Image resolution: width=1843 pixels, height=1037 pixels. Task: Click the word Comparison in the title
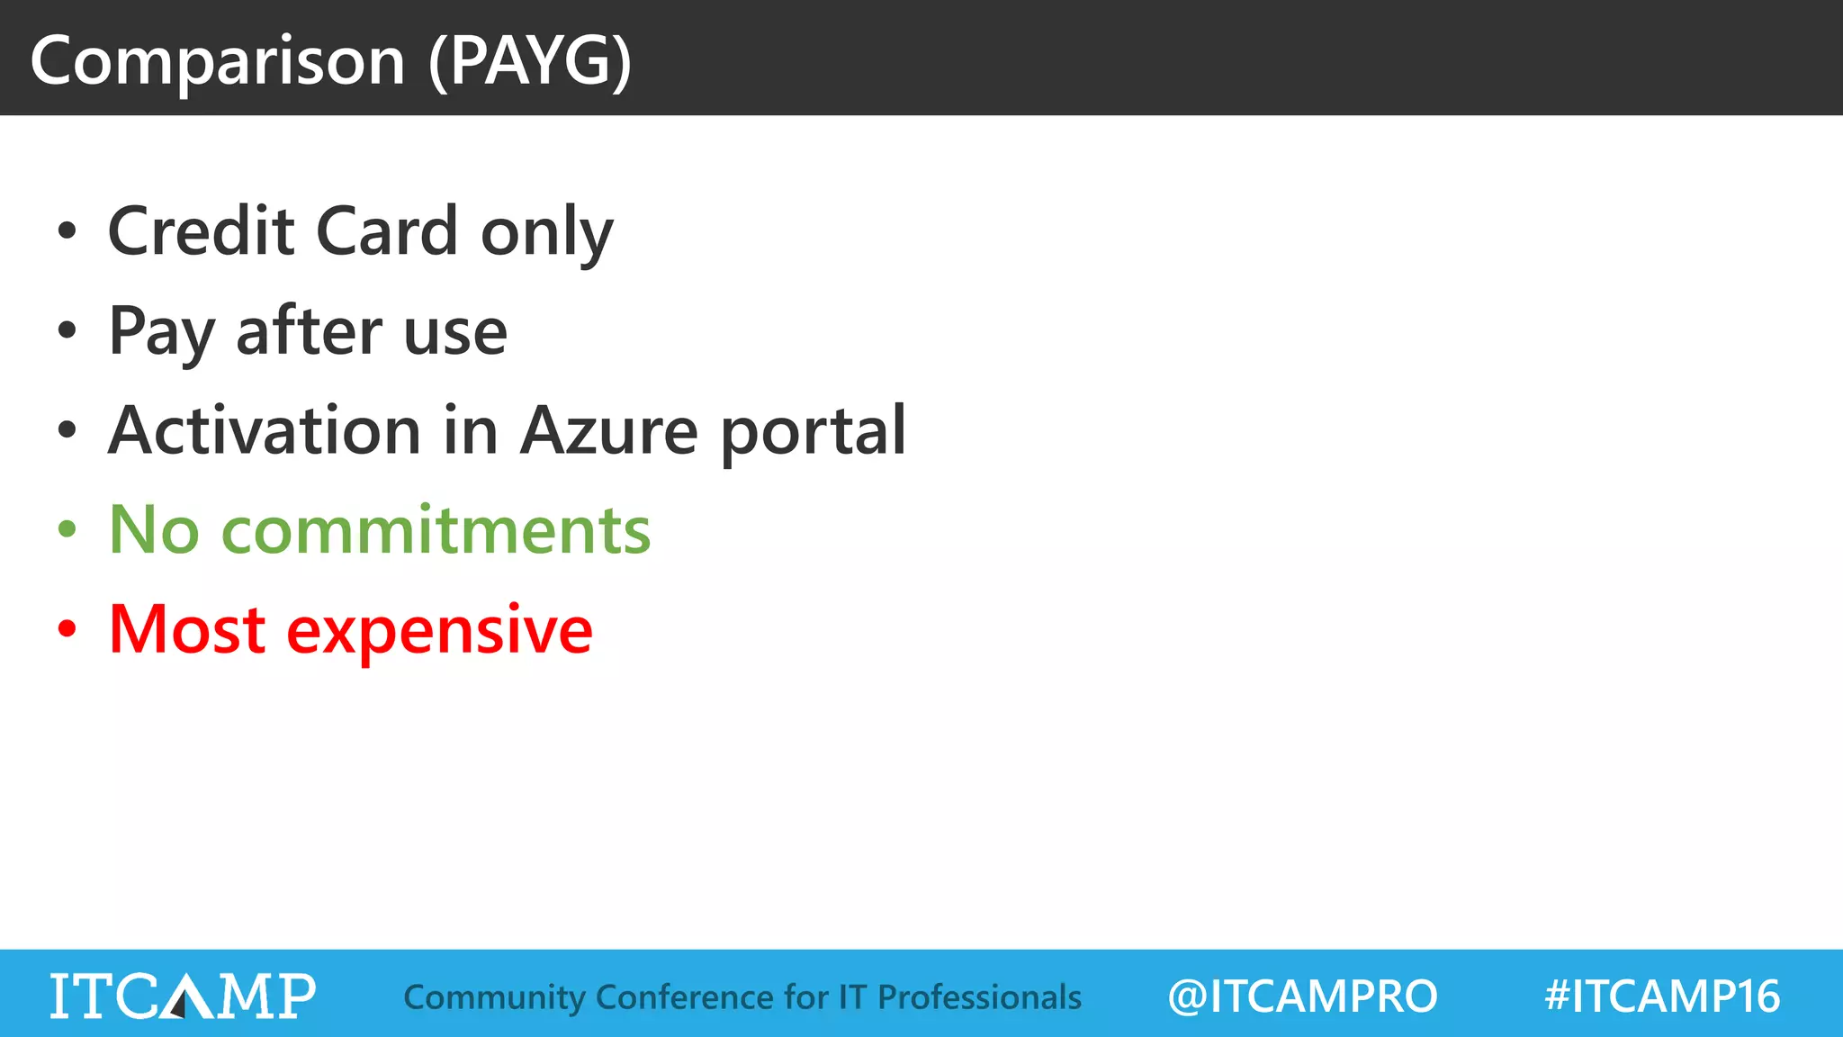217,61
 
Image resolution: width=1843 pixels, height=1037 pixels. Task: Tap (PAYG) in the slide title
530,61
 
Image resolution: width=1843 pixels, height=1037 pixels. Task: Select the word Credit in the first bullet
201,231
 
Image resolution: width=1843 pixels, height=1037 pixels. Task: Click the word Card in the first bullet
387,231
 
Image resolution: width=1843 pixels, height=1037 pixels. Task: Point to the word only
546,234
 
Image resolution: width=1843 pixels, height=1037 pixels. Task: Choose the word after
309,330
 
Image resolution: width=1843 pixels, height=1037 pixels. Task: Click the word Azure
609,430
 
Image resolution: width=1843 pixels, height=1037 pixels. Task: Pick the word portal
814,432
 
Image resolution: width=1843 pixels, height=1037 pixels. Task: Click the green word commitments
436,530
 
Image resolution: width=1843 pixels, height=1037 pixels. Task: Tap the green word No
154,530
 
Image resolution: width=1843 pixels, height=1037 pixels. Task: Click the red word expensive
439,632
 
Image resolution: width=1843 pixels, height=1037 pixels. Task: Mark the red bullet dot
67,629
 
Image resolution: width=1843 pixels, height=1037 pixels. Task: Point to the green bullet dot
67,529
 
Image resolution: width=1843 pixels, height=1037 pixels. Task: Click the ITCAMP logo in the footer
183,996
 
